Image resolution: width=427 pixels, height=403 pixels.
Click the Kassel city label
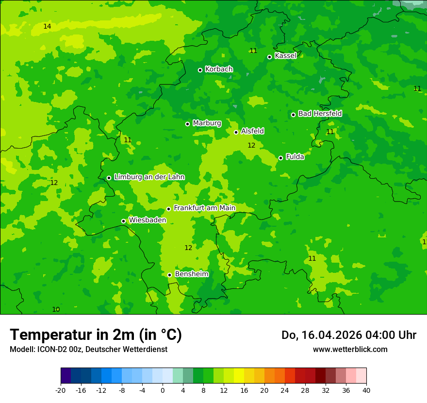[285, 56]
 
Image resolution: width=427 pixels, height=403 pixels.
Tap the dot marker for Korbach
[200, 70]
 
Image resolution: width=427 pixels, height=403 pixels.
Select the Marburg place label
[207, 123]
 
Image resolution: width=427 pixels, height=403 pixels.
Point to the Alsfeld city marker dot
[236, 132]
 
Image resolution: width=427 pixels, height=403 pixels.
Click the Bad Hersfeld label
[320, 114]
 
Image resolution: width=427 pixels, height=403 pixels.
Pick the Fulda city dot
[280, 158]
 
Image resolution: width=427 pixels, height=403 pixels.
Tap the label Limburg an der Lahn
[149, 177]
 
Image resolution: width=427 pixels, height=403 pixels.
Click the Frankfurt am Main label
[204, 208]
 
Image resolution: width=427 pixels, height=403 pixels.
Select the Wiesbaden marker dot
[123, 221]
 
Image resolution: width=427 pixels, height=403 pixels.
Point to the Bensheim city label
[192, 274]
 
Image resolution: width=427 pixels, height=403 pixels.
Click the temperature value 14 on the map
[47, 26]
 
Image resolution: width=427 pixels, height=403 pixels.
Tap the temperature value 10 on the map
[56, 309]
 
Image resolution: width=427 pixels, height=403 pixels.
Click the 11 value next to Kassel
[253, 50]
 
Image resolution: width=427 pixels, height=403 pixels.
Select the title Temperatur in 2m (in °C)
[96, 335]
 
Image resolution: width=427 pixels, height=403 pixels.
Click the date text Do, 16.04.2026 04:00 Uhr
[348, 335]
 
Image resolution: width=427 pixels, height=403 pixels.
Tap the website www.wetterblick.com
[350, 349]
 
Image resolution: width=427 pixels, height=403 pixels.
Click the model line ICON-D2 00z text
[88, 349]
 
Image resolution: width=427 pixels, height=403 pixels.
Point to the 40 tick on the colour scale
[366, 390]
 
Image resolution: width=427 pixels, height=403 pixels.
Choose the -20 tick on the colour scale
[61, 390]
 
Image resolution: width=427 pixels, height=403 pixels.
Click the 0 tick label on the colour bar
[163, 390]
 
